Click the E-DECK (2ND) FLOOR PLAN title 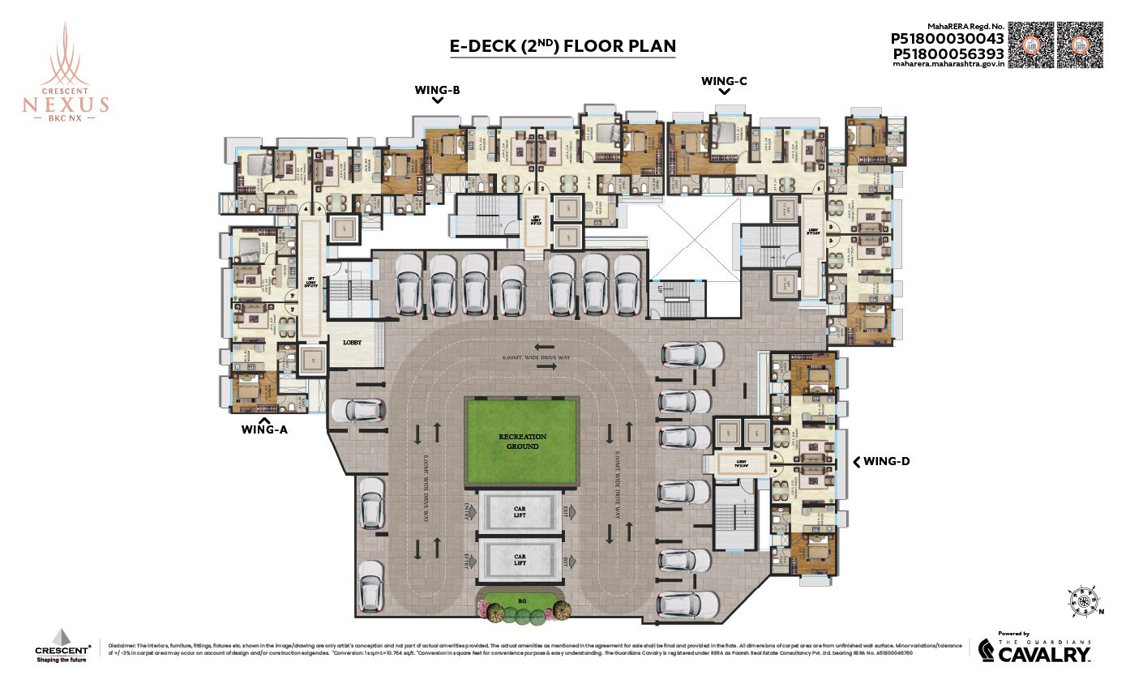562,46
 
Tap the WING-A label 264,430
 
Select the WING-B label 437,90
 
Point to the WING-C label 724,81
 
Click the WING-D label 886,461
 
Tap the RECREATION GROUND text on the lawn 522,442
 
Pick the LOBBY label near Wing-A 353,343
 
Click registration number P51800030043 948,38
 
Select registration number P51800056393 948,53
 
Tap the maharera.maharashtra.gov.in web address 948,66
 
